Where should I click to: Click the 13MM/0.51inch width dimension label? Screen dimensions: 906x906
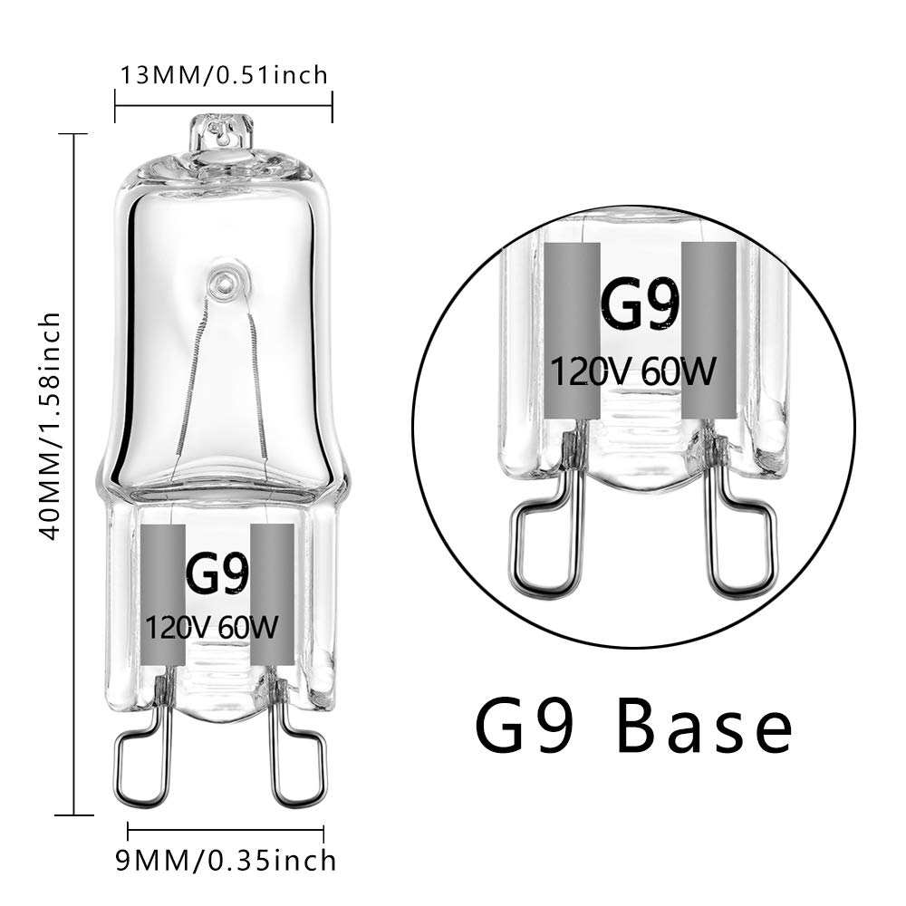pyautogui.click(x=224, y=75)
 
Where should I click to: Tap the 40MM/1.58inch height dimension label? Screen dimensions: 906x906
pyautogui.click(x=49, y=427)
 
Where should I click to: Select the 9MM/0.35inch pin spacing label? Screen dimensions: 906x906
pyautogui.click(x=226, y=861)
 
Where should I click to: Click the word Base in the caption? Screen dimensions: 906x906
pyautogui.click(x=704, y=725)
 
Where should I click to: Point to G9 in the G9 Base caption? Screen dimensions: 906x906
pyautogui.click(x=525, y=725)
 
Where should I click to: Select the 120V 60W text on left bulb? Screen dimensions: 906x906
pyautogui.click(x=211, y=627)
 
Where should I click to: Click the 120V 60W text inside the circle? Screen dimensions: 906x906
pyautogui.click(x=632, y=371)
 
